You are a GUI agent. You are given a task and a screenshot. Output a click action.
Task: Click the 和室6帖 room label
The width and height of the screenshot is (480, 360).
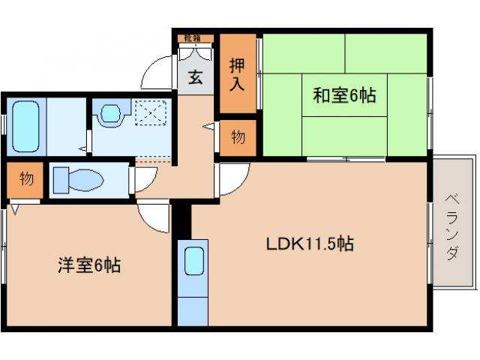(x=344, y=95)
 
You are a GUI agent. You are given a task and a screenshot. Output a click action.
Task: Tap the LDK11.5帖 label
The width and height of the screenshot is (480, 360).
(x=310, y=244)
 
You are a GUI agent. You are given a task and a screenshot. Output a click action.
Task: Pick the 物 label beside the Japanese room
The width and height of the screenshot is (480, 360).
(x=238, y=138)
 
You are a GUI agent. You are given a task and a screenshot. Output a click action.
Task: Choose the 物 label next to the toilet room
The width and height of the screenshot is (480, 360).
(x=25, y=179)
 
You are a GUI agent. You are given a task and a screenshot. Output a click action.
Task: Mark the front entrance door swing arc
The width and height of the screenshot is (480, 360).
(x=159, y=71)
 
